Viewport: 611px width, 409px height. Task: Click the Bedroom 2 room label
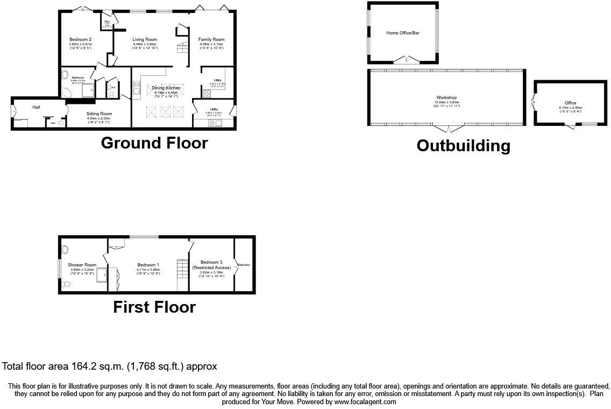(x=80, y=39)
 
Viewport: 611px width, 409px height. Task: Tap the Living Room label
(x=145, y=39)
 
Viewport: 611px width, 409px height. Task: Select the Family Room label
(x=211, y=39)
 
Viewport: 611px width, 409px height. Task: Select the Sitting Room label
(x=100, y=114)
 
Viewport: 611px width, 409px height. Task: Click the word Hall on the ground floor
(x=36, y=107)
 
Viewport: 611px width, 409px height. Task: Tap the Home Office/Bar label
(x=403, y=33)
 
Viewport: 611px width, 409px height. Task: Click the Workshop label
(x=446, y=97)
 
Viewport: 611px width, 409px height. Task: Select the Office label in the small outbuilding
(x=570, y=103)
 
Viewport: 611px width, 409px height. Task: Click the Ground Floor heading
(x=154, y=143)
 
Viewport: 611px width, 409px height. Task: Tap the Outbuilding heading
(x=463, y=145)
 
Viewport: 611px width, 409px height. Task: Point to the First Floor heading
(x=154, y=307)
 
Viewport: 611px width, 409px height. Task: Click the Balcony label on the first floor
(x=244, y=265)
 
